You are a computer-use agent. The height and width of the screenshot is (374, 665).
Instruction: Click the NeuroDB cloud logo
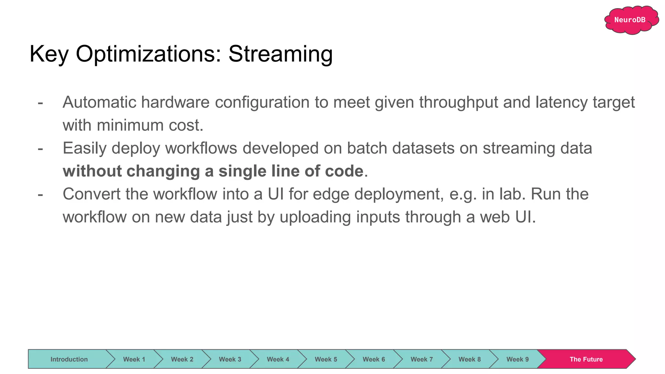[630, 20]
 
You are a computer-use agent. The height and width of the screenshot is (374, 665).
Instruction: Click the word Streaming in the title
[280, 54]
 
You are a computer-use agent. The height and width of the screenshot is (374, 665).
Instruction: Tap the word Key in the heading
[49, 54]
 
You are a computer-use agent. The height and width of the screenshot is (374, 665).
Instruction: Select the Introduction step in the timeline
[69, 359]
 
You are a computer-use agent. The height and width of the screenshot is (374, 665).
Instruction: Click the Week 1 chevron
[134, 359]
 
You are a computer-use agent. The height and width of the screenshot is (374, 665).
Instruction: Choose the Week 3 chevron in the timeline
[230, 359]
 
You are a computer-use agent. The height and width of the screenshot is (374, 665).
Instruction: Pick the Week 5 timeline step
[326, 359]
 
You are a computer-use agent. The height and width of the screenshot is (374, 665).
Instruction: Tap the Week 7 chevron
[421, 359]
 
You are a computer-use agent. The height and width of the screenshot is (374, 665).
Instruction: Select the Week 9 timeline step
[517, 359]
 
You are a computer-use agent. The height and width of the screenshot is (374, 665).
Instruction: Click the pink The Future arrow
[586, 359]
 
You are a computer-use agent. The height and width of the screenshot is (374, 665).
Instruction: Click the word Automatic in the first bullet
[99, 102]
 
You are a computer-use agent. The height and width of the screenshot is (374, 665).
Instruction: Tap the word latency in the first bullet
[561, 102]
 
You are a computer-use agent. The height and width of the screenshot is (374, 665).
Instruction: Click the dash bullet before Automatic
[40, 103]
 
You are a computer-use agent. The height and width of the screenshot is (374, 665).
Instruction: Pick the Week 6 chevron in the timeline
[373, 359]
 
